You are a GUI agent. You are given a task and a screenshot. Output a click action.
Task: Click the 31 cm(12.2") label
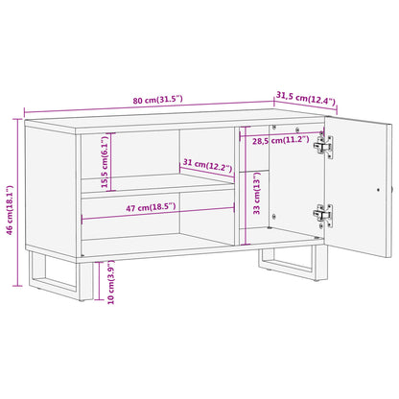(x=208, y=166)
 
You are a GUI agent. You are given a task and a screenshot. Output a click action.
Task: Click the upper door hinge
(x=328, y=147)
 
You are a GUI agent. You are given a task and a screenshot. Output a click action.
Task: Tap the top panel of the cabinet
(x=173, y=122)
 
